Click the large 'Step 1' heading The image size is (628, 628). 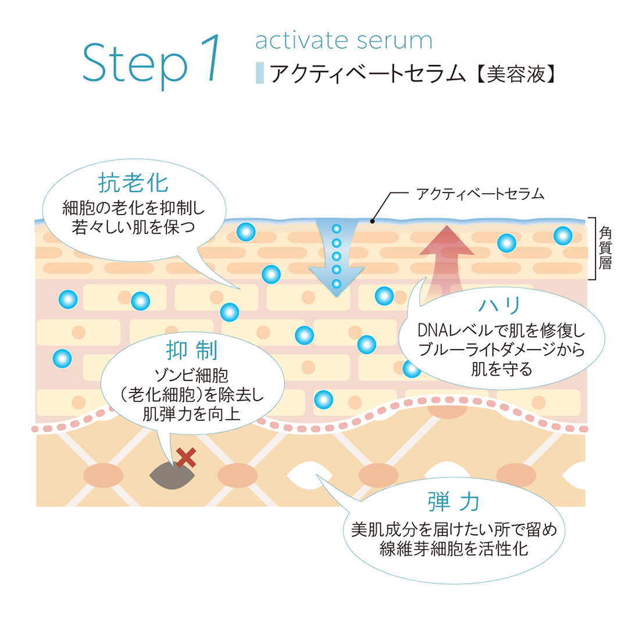tap(153, 63)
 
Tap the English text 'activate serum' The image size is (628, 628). tap(344, 41)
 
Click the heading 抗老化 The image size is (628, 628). tap(133, 184)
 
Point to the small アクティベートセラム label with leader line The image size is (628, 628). tap(480, 194)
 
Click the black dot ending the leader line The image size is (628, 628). tap(373, 220)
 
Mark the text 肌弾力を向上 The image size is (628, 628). tap(191, 413)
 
